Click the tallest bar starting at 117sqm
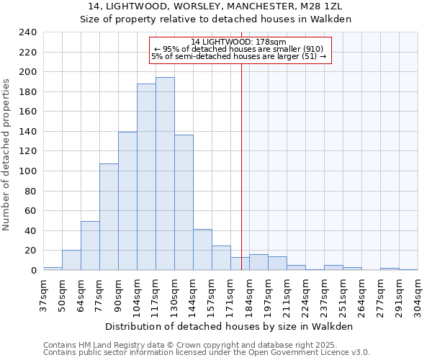click(165, 174)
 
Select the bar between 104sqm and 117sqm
click(146, 177)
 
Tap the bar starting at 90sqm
click(127, 201)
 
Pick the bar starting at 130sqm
click(184, 202)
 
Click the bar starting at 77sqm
click(109, 217)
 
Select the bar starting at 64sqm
click(90, 246)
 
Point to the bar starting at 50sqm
click(71, 260)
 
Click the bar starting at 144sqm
click(202, 250)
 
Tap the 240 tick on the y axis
click(28, 32)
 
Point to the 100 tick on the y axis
click(28, 171)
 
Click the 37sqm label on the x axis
click(43, 293)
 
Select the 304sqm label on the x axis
click(418, 293)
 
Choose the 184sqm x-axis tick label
click(249, 293)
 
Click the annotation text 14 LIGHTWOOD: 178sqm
click(240, 42)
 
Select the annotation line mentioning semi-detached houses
click(239, 56)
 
